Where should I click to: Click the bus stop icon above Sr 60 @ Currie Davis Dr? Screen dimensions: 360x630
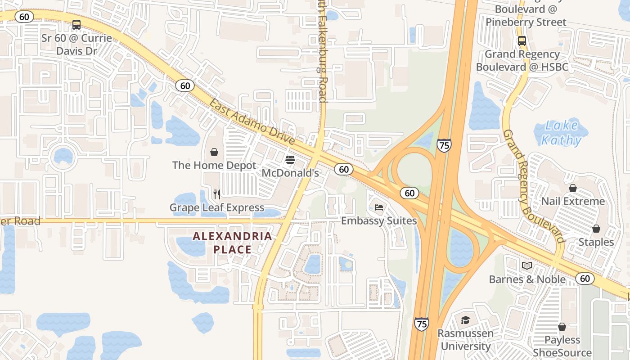(x=76, y=25)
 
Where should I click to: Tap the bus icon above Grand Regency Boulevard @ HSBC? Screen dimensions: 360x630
(x=522, y=41)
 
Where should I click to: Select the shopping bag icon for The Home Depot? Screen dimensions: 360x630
(x=214, y=152)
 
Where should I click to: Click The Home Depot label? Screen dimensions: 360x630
(x=214, y=166)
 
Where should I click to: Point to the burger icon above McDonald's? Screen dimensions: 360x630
(x=290, y=160)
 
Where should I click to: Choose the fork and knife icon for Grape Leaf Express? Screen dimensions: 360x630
(x=217, y=194)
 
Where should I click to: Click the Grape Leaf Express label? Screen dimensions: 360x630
(x=217, y=207)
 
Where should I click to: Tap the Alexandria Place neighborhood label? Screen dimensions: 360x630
(x=233, y=243)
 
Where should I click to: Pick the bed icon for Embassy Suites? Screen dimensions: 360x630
(x=379, y=207)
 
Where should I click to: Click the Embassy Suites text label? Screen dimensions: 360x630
(x=379, y=221)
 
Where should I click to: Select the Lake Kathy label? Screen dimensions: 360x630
(x=561, y=133)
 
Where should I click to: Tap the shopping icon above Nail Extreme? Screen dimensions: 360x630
(x=573, y=188)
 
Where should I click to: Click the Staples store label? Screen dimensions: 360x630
(x=596, y=242)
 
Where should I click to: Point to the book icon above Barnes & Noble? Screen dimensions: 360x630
(x=527, y=266)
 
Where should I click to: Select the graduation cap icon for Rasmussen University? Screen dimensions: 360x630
(x=465, y=320)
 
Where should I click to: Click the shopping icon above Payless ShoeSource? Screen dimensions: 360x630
(x=562, y=327)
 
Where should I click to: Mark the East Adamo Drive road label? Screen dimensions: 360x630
(x=252, y=121)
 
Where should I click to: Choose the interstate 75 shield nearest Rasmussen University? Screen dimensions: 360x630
(x=422, y=324)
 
